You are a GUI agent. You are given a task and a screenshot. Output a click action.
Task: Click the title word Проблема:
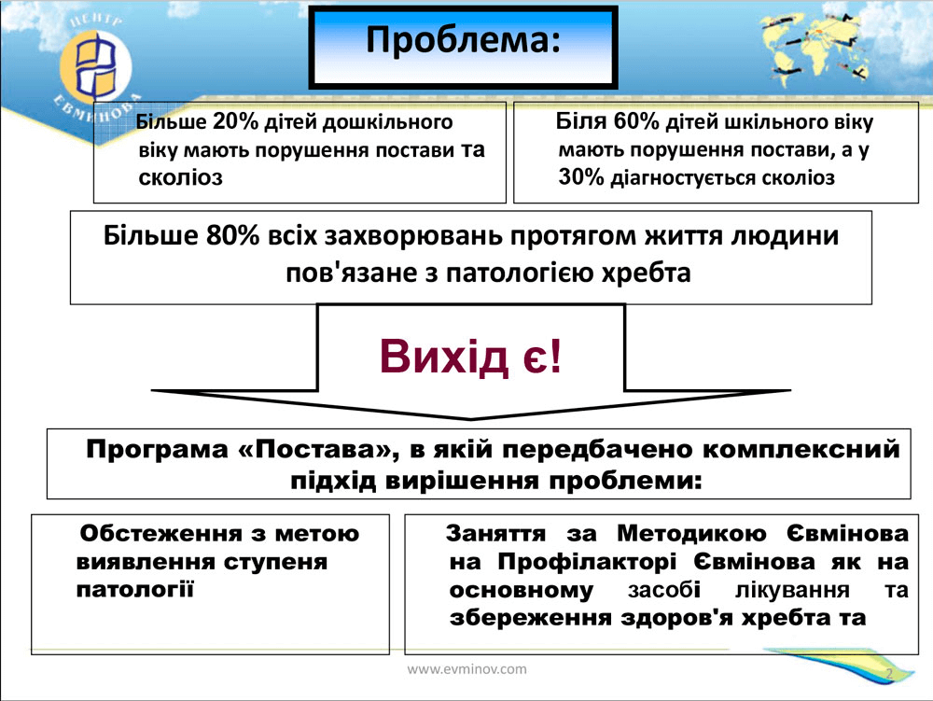(463, 40)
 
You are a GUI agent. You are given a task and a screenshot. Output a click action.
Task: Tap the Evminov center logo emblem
(95, 65)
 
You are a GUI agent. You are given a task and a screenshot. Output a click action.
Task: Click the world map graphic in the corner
(815, 48)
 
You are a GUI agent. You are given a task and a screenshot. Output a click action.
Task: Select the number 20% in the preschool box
(235, 122)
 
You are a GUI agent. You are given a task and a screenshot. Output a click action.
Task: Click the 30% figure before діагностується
(581, 177)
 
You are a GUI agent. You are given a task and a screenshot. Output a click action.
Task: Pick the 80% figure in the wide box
(232, 235)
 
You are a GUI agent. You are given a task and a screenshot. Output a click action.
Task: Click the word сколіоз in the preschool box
(180, 177)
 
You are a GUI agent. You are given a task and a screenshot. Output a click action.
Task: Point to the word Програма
(157, 450)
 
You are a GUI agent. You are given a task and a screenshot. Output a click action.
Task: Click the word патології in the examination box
(135, 590)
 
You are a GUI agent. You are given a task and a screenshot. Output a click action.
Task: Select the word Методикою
(691, 533)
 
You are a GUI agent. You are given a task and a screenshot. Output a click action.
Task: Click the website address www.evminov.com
(466, 669)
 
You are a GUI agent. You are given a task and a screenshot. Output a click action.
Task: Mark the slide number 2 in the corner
(889, 674)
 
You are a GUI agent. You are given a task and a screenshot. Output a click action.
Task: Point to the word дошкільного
(387, 122)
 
